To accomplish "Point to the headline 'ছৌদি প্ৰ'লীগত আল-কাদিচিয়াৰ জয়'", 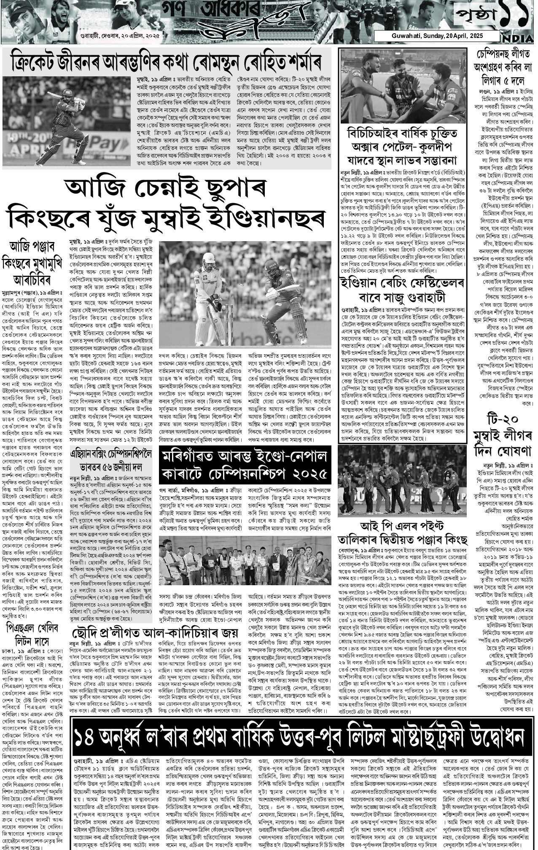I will tap(154, 633).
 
